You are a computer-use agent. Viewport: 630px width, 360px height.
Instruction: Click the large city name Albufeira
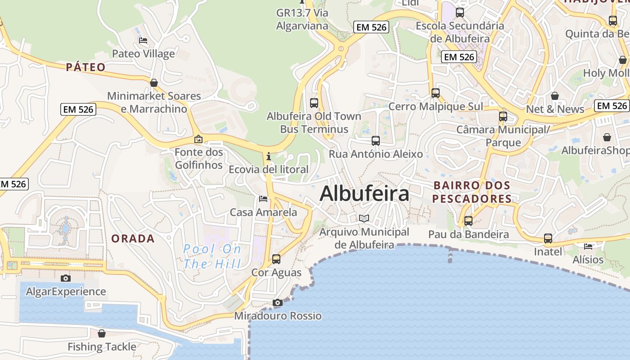click(364, 193)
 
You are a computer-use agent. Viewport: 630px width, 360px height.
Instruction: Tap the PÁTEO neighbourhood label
click(85, 67)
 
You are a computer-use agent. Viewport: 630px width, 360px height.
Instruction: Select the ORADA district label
click(133, 238)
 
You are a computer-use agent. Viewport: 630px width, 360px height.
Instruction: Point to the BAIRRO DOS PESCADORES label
click(472, 192)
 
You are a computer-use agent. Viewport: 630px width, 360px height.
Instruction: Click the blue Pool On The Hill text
click(212, 256)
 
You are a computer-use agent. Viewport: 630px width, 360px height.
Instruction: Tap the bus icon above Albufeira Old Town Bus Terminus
click(314, 103)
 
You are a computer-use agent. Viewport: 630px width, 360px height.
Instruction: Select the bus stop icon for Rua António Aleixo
click(376, 140)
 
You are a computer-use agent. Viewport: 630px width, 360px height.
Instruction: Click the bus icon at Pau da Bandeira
click(468, 221)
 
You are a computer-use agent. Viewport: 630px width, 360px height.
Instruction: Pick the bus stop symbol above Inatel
click(548, 238)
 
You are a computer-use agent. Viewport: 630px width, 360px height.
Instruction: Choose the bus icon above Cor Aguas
click(276, 259)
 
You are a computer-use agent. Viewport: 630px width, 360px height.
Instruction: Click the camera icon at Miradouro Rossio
click(278, 302)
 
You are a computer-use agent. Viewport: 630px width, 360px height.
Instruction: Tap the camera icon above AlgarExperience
click(66, 278)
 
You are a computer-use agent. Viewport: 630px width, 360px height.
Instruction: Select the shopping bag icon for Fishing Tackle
click(102, 333)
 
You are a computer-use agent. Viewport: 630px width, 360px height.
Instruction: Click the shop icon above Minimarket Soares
click(154, 83)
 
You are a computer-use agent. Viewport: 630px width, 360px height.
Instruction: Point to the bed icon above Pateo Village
click(143, 40)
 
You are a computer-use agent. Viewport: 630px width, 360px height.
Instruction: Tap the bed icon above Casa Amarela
click(263, 198)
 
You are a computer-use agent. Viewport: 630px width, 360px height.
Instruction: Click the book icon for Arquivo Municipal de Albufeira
click(364, 219)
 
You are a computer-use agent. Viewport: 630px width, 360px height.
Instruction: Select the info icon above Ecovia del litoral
click(269, 156)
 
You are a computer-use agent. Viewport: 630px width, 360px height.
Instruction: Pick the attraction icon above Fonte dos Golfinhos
click(198, 139)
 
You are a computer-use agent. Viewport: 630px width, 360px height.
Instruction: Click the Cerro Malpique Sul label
click(436, 107)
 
